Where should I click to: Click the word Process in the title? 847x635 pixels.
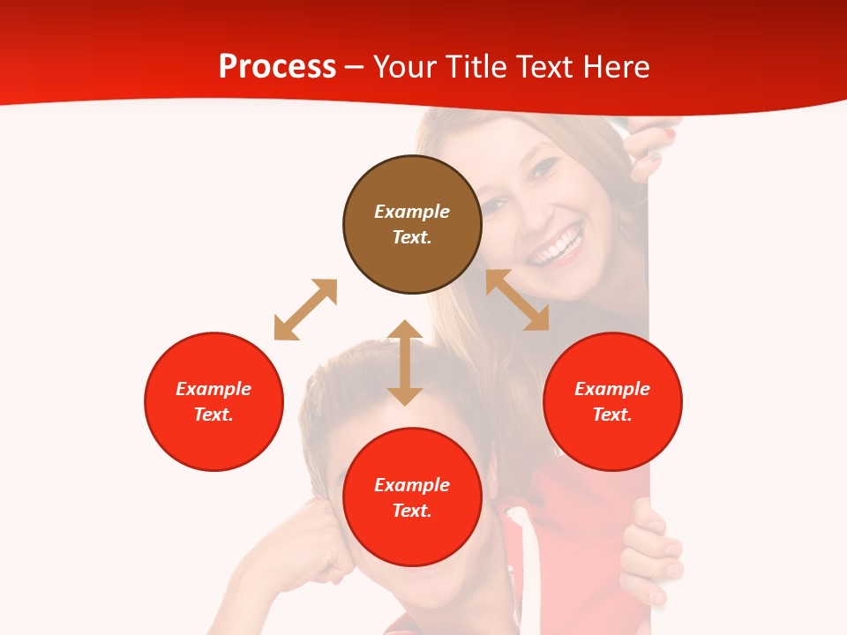click(277, 67)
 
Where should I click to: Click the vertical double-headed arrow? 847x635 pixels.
click(405, 362)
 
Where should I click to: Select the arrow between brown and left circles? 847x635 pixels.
click(305, 310)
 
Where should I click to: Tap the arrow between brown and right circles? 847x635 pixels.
click(518, 300)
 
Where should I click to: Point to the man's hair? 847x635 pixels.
click(353, 379)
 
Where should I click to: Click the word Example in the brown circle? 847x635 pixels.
click(412, 212)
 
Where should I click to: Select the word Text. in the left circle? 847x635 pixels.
click(214, 415)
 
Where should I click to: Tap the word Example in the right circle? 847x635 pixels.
click(612, 389)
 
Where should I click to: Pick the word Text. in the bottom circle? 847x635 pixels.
click(412, 511)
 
